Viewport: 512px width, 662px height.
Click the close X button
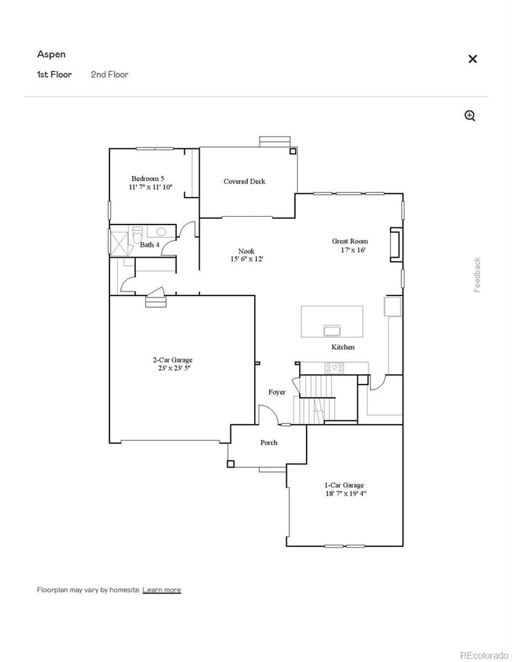click(472, 59)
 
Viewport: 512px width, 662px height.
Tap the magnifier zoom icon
click(470, 116)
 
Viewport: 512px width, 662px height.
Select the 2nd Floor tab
click(109, 74)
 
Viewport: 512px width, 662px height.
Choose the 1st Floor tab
click(54, 74)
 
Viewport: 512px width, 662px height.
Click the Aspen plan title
click(51, 54)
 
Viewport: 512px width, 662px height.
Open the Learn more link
click(161, 590)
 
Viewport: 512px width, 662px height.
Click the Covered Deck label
click(244, 182)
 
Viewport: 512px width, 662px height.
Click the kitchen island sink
click(332, 330)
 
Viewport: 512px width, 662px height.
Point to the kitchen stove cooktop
click(333, 368)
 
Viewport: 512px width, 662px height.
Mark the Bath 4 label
click(149, 245)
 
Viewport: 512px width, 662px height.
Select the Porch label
click(269, 443)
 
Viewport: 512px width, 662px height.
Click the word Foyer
click(276, 392)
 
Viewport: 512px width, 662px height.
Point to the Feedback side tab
click(477, 275)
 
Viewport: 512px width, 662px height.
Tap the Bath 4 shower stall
click(120, 243)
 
